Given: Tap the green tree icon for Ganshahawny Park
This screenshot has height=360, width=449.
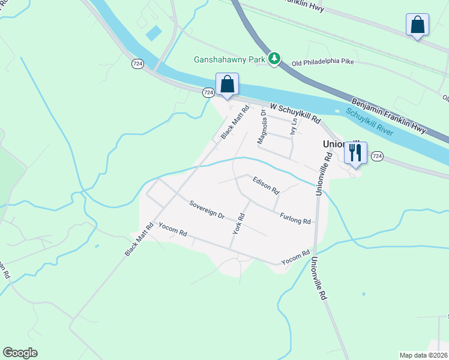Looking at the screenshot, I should [274, 58].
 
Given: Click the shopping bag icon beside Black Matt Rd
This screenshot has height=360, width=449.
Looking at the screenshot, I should [228, 84].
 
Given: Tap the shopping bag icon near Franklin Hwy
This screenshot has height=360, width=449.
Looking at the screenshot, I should [417, 25].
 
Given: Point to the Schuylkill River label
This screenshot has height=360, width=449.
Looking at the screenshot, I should [369, 122].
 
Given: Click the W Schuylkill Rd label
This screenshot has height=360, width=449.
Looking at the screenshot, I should [295, 112].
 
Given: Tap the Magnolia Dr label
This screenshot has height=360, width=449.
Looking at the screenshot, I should [262, 126].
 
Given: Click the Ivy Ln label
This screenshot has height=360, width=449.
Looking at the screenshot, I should [294, 127].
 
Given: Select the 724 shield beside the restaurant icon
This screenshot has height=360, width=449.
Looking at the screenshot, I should [376, 156].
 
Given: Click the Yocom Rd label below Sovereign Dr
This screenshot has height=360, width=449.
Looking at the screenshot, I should [173, 229].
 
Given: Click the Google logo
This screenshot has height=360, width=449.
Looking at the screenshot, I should [20, 353].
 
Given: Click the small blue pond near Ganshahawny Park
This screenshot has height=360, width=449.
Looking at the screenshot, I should [154, 33].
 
